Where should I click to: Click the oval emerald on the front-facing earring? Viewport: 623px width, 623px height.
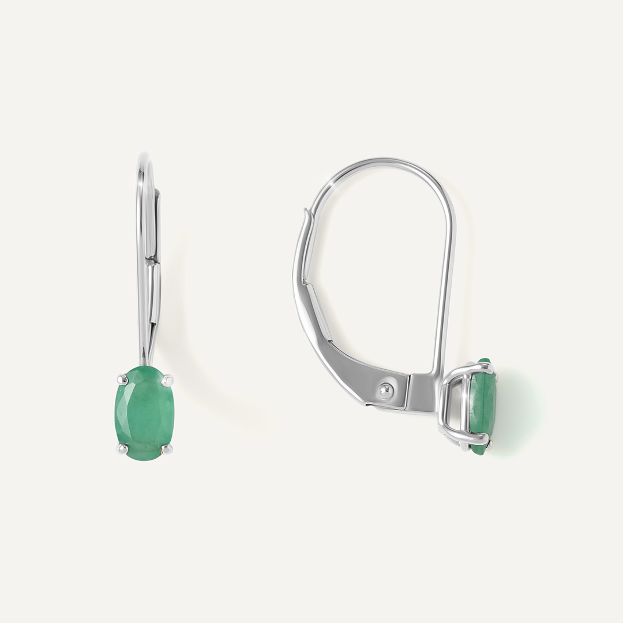click(143, 412)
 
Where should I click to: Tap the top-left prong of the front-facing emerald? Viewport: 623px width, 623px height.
click(122, 378)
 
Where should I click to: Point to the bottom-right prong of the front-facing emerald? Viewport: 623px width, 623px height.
click(167, 448)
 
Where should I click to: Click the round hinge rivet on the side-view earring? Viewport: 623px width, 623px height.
click(385, 391)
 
